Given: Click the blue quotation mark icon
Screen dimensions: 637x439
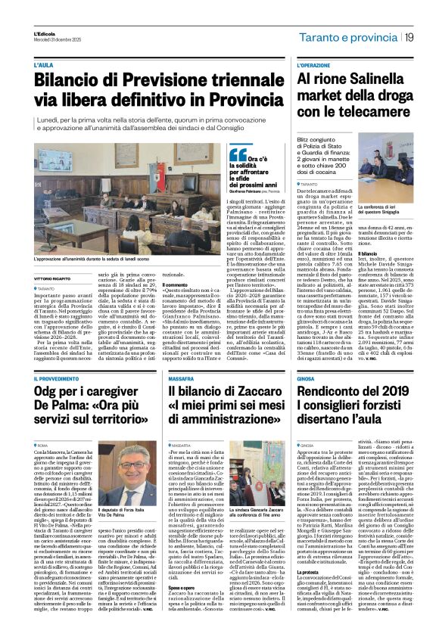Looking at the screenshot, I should pyautogui.click(x=238, y=154).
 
